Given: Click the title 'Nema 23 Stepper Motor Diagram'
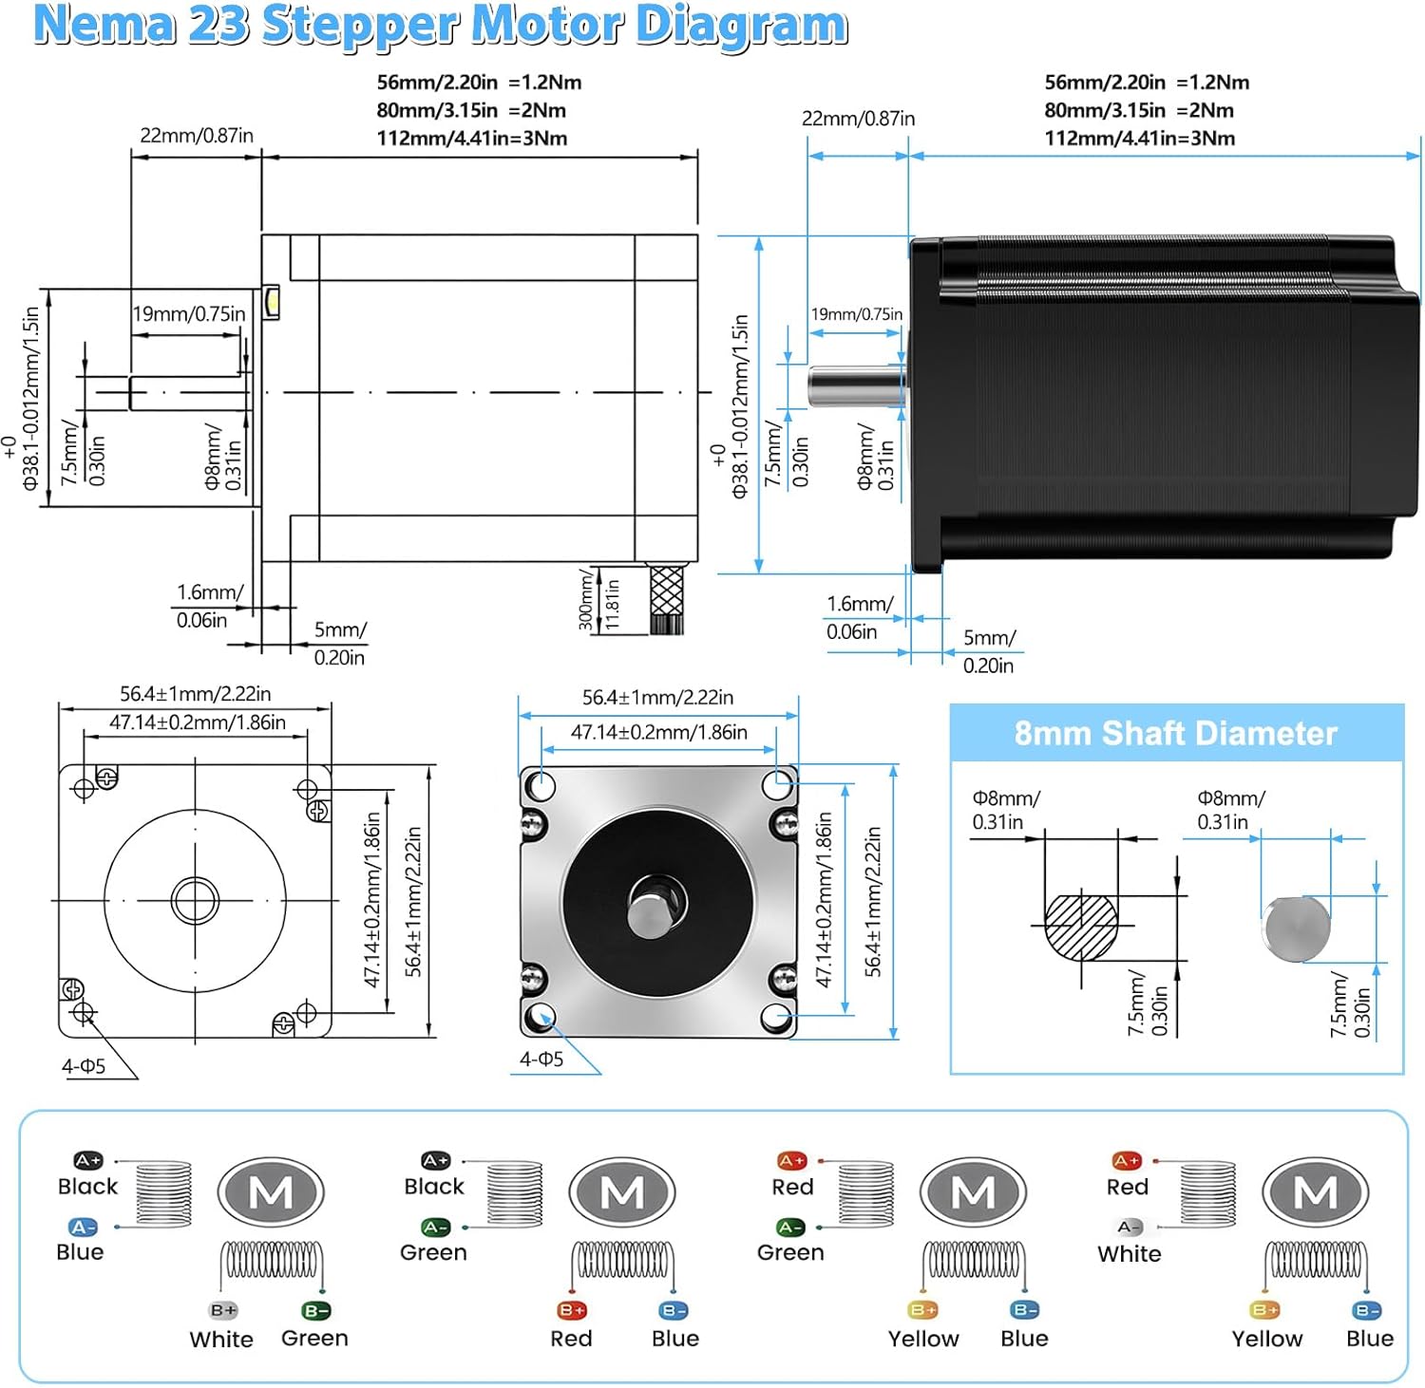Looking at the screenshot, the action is pos(440,26).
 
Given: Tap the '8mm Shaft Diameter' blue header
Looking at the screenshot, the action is pos(1176,733).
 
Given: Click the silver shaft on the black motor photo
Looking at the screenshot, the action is pos(852,386).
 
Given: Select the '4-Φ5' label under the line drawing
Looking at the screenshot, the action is pos(84,1066).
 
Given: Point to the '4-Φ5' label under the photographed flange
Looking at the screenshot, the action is pos(541,1059).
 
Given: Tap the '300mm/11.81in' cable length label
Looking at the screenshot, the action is pos(598,601).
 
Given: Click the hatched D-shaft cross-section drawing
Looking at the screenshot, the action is pos(1081,927).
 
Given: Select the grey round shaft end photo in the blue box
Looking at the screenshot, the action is pos(1298,928).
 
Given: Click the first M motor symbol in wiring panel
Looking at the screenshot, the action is pos(271,1192).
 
